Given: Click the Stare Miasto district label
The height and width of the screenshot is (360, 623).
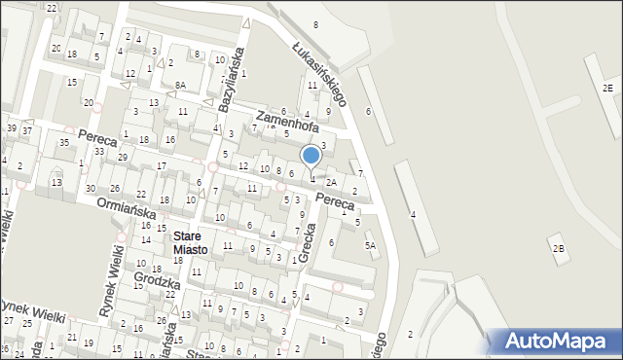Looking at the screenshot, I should click(190, 242).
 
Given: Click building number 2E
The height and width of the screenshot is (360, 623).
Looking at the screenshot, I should click(607, 89).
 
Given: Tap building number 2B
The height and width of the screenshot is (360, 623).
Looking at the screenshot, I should click(558, 248).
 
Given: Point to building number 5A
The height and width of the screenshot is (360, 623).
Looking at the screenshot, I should click(370, 246).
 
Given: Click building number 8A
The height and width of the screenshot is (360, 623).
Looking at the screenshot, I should click(180, 86).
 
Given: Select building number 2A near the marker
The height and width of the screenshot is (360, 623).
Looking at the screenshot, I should click(332, 182).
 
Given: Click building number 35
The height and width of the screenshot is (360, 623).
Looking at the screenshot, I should click(63, 143).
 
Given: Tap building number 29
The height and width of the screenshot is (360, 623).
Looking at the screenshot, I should click(122, 157).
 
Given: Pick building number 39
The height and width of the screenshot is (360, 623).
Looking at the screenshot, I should click(11, 128).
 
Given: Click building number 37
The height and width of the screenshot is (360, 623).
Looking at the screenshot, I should click(28, 130).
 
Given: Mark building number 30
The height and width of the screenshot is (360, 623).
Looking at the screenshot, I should click(90, 188).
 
